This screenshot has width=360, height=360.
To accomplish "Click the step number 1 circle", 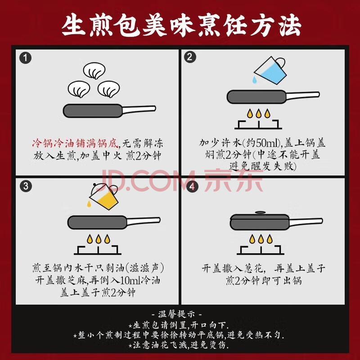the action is [25, 58].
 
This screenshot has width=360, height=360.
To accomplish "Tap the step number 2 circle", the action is [190, 57].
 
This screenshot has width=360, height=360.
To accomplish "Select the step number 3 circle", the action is [26, 186].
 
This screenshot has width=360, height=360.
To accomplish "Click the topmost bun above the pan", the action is [94, 71].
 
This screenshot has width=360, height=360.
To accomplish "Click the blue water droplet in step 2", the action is [254, 80].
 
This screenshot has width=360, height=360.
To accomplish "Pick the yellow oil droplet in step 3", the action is [89, 203].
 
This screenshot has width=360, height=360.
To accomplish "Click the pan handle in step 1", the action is [139, 109].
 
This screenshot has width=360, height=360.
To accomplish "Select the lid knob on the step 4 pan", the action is [260, 212].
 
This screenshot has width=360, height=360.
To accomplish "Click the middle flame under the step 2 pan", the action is [258, 113].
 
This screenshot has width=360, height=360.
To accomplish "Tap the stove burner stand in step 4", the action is [261, 250].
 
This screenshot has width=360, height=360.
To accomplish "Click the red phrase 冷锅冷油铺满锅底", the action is [75, 143].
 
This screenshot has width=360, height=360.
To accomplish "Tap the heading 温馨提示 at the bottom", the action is [176, 314].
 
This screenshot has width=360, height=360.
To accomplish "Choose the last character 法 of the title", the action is [290, 25].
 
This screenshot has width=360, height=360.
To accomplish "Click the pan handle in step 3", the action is [143, 221].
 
